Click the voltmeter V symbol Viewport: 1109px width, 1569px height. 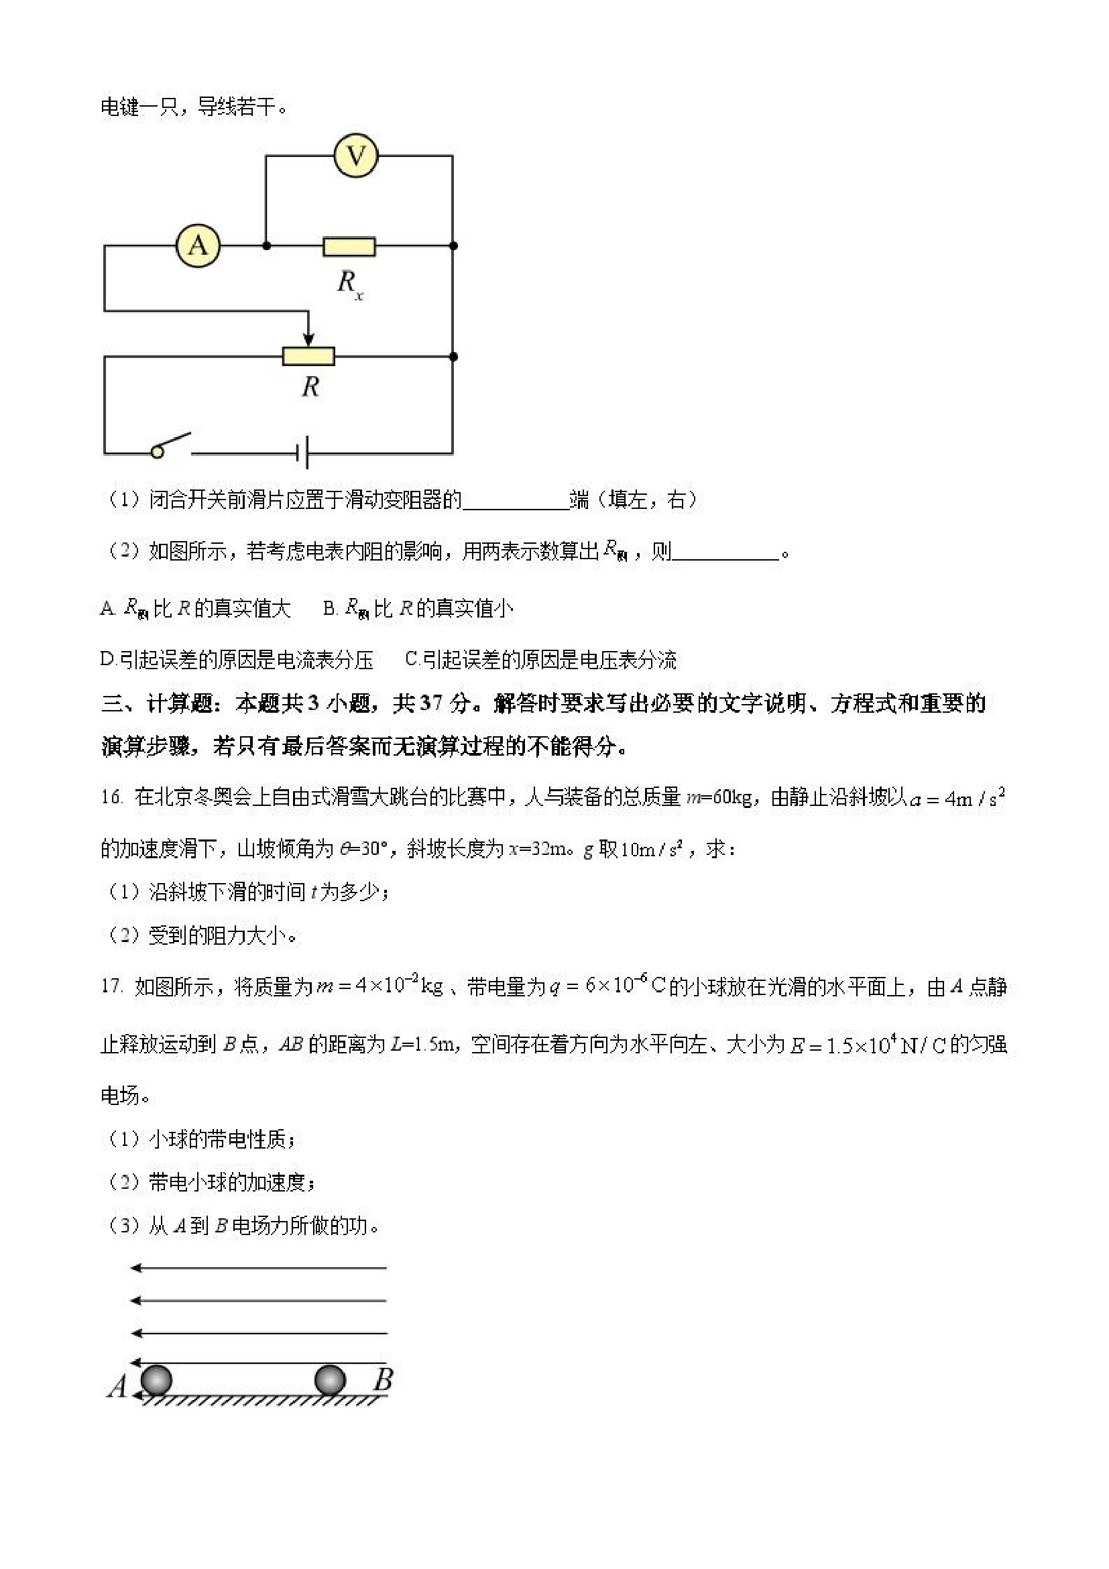[356, 156]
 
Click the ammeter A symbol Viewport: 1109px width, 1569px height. [198, 245]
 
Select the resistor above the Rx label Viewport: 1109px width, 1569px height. [349, 246]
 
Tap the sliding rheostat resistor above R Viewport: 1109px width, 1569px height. [309, 356]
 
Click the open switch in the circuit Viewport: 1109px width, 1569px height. [172, 444]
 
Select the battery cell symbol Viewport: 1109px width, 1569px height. [304, 453]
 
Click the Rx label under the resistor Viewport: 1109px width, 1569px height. [349, 283]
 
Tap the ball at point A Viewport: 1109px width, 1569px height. [156, 1380]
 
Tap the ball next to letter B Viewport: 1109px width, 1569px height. [330, 1380]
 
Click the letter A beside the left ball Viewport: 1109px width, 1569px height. [117, 1387]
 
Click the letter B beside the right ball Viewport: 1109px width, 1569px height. [383, 1380]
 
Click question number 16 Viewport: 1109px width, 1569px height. [111, 797]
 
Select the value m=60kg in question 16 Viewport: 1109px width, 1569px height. [718, 797]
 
